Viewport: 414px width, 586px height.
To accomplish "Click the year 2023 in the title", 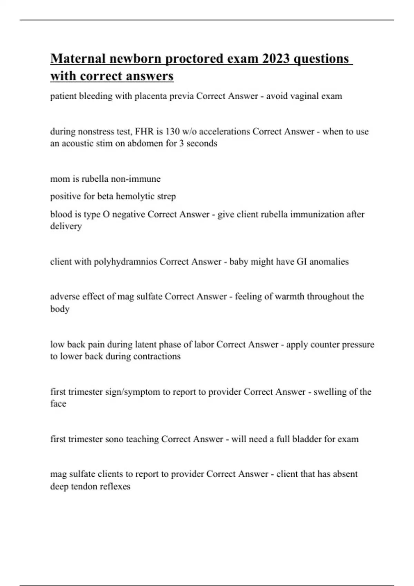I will click(276, 59).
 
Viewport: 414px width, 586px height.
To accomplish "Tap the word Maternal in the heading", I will click(78, 59).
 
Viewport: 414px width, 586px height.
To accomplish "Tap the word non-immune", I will click(139, 179).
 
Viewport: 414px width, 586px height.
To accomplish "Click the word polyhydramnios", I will click(126, 262).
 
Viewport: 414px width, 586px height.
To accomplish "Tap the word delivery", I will click(66, 226).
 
